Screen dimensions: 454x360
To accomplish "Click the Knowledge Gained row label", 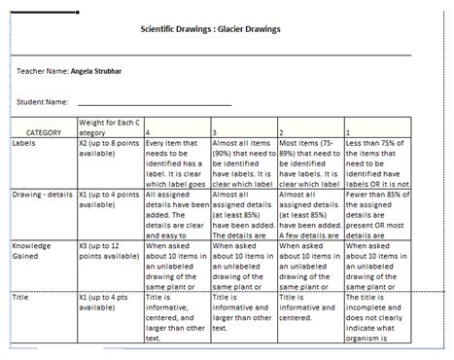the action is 35,253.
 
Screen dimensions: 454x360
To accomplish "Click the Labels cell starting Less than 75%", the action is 381,162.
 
